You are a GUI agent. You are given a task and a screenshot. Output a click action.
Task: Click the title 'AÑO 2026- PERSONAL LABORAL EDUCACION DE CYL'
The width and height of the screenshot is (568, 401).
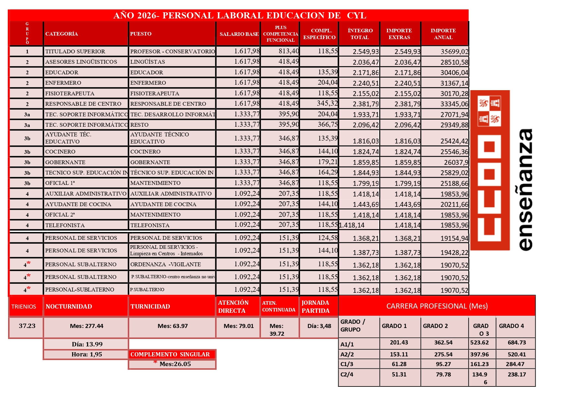[239, 16]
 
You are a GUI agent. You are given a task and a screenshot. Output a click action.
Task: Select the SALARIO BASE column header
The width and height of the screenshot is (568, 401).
[239, 34]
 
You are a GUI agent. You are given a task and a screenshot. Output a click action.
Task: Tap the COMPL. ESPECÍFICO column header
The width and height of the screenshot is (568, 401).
[319, 34]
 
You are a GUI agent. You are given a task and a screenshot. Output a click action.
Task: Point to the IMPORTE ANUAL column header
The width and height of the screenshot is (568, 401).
[443, 34]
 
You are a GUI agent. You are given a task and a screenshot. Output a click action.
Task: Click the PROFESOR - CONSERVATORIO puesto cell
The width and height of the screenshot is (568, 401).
[172, 51]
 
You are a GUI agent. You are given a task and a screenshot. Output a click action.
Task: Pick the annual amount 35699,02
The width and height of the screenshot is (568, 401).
[454, 52]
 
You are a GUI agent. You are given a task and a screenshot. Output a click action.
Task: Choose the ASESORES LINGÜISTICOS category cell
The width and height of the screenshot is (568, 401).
[81, 62]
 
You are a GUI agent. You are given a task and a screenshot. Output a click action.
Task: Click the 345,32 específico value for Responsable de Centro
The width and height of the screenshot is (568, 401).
[327, 103]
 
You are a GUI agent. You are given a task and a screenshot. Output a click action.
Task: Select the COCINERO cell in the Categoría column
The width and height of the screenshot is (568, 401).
[61, 152]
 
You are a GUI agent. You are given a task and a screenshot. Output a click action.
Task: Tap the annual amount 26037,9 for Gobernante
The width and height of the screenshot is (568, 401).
[456, 162]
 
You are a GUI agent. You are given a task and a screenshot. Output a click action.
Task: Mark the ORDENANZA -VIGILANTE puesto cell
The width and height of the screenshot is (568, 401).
[165, 264]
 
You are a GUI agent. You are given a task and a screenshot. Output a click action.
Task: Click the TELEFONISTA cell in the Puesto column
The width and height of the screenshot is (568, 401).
[150, 225]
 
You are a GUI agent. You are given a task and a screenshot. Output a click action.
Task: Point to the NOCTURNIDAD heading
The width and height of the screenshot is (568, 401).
[69, 306]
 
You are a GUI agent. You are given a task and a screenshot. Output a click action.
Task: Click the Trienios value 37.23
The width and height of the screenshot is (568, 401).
[27, 326]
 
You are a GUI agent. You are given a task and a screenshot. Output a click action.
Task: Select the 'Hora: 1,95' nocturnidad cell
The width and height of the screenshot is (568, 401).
[86, 354]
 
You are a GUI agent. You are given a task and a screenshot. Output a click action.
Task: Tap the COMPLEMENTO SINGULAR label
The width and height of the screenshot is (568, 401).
[170, 354]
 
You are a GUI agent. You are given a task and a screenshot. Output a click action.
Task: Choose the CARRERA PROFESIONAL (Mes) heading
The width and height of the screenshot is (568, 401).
[437, 306]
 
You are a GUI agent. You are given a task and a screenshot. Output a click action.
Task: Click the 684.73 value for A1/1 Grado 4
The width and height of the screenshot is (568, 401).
[517, 343]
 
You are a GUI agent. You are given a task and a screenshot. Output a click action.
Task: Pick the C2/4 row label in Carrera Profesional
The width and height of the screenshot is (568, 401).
[347, 375]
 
